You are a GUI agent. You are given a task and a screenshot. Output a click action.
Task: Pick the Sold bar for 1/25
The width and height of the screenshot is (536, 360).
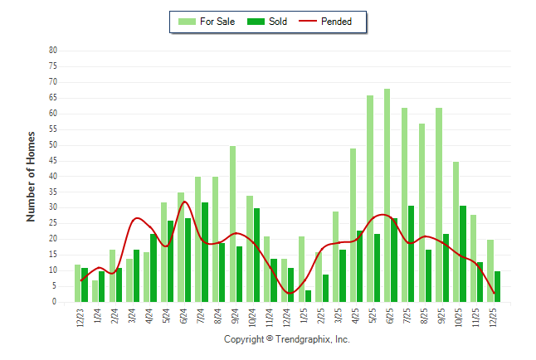pos(308,296)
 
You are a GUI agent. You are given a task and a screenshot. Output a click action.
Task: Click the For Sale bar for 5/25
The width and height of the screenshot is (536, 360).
pos(370,199)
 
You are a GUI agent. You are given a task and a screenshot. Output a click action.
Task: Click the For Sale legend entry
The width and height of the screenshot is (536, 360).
pos(208,22)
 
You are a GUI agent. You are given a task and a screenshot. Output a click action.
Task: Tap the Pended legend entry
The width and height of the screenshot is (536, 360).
pos(336,22)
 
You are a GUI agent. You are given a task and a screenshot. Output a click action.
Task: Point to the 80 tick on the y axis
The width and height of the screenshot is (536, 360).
pos(53,51)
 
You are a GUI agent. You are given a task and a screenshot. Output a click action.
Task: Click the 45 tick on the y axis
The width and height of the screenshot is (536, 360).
pos(53,161)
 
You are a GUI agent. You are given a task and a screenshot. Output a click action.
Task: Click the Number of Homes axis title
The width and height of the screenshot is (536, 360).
pos(31,176)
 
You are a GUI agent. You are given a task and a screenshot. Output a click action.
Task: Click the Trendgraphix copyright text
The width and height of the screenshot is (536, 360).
pos(287,340)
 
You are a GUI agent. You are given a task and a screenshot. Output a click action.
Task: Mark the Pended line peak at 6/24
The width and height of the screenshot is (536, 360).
pos(184,202)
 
